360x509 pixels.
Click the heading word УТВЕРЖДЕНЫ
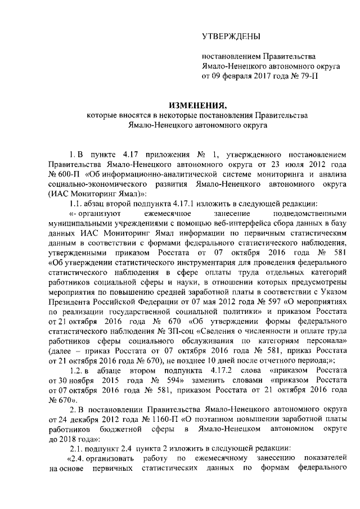[x=231, y=37]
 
